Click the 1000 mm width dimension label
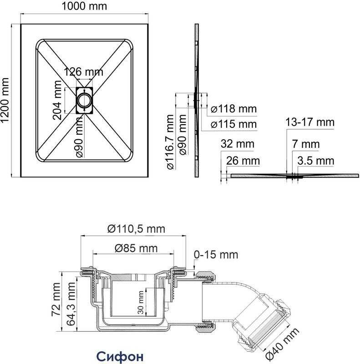84,6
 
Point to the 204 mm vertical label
57,100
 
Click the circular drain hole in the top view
84,100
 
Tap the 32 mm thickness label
237,144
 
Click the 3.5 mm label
315,161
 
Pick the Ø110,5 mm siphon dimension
136,229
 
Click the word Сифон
120,355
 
